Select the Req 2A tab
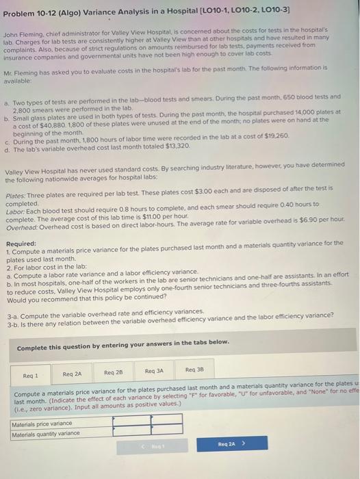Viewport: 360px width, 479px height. coord(72,374)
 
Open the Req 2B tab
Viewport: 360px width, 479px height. coord(114,373)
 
